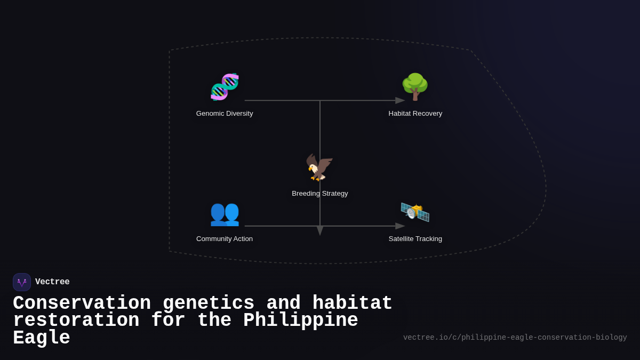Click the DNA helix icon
[225, 87]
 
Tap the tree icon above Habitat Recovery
[415, 87]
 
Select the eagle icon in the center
[319, 167]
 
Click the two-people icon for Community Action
[225, 213]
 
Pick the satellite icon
[415, 212]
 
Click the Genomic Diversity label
[225, 114]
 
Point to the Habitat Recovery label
[415, 114]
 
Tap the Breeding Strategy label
[319, 194]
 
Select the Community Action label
[225, 239]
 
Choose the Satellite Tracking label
[415, 239]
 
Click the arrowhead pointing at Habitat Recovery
[400, 100]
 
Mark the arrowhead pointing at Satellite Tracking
[400, 226]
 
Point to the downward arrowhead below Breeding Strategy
[320, 230]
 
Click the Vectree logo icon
[22, 282]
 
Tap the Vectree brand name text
[52, 282]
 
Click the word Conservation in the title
[82, 303]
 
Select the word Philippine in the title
[300, 321]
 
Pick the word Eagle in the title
[42, 338]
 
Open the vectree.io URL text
[515, 338]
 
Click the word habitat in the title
[352, 303]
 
